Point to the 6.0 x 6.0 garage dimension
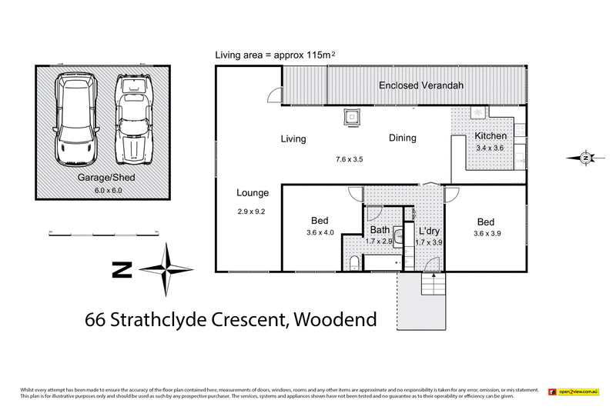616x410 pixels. coord(102,188)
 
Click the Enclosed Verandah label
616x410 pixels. coord(420,85)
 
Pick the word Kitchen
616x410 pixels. coord(490,136)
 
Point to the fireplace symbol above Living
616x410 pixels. coord(350,118)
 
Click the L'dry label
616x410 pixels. coord(429,230)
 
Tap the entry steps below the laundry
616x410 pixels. coord(434,287)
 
